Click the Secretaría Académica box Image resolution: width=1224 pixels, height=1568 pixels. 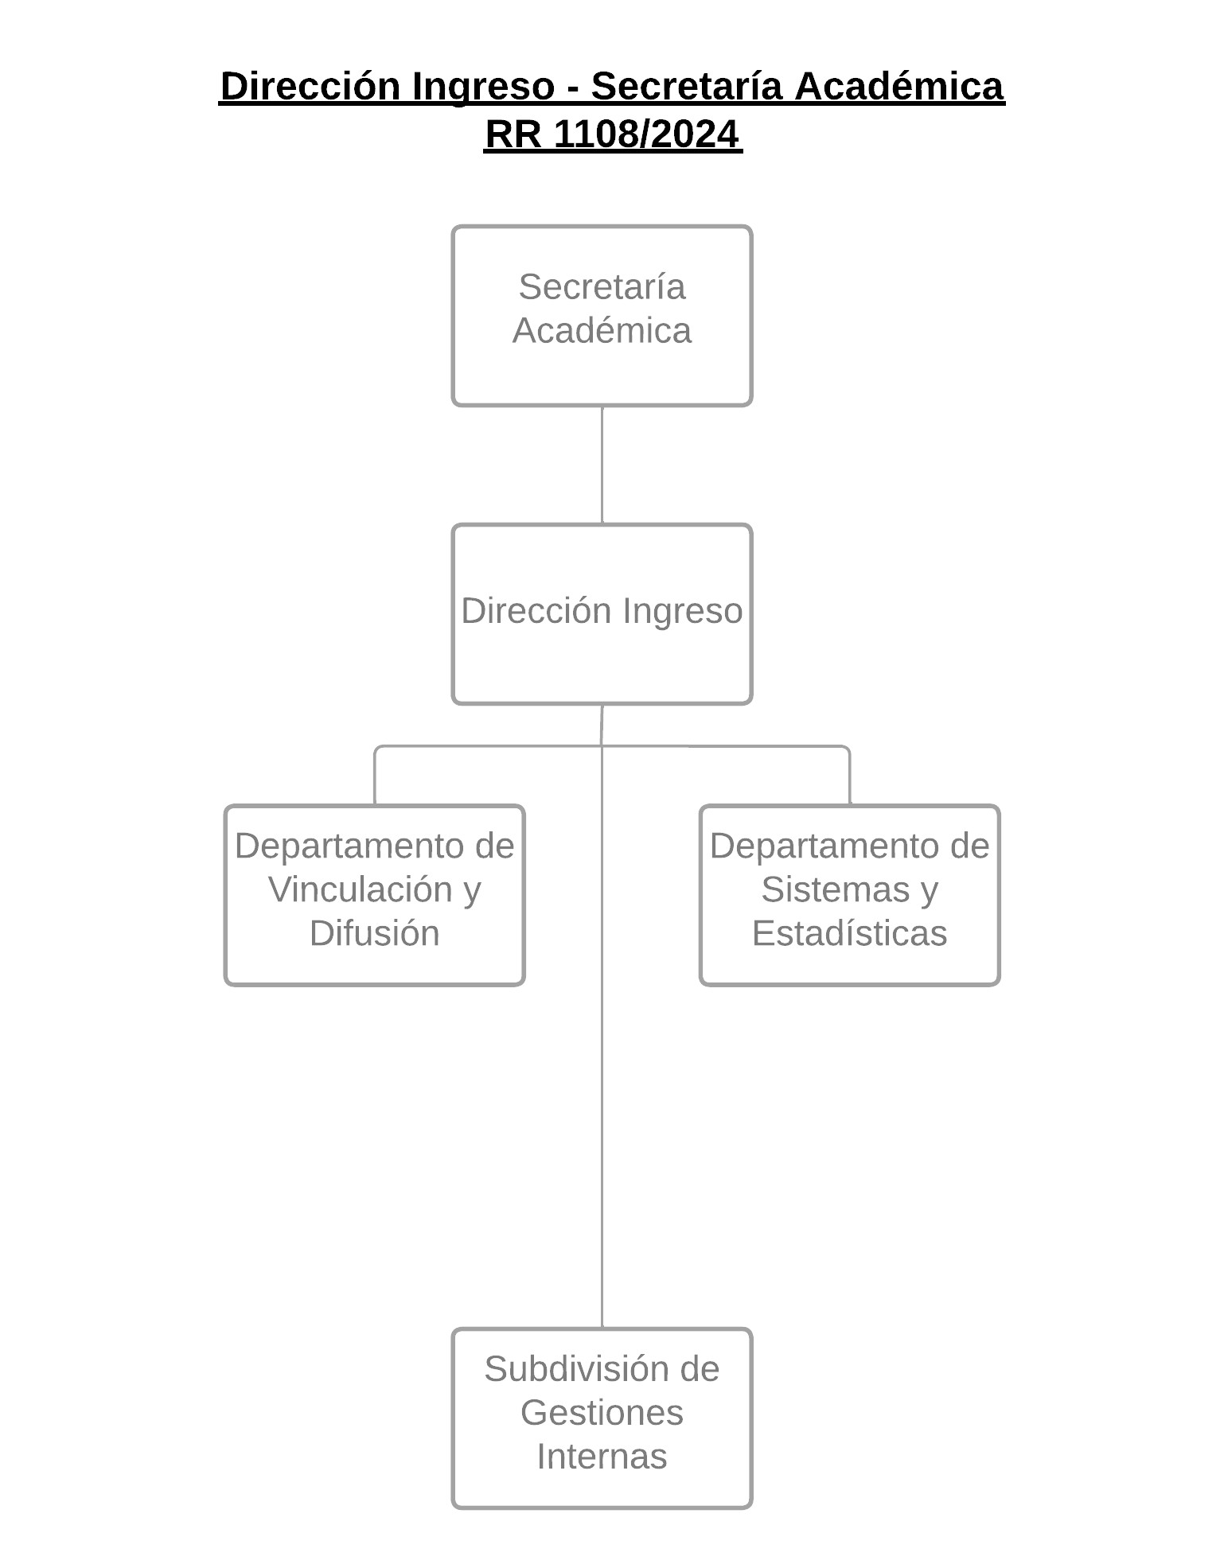(602, 316)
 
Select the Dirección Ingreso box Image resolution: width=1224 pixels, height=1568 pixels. (602, 614)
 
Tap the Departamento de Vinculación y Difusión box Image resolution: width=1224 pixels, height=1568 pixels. (375, 896)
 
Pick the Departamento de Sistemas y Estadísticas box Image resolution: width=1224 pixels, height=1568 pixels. (850, 896)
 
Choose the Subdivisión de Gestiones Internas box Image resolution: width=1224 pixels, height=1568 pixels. (602, 1418)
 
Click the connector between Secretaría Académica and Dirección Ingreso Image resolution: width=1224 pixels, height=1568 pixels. (602, 465)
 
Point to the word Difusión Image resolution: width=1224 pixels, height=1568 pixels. (375, 933)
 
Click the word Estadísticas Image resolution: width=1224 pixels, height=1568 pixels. (850, 933)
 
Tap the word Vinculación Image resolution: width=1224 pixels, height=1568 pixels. (361, 889)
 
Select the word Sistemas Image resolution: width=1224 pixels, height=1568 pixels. (835, 889)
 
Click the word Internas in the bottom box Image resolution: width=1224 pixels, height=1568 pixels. (602, 1457)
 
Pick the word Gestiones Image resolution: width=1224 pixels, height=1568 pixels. (602, 1413)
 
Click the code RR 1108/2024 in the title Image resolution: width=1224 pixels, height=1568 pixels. (612, 134)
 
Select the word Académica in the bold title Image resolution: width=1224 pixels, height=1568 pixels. (899, 86)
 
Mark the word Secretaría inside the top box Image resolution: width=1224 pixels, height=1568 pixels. (602, 286)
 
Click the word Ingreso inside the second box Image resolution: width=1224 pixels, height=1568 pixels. (682, 612)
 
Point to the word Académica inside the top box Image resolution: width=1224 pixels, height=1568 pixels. (602, 330)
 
